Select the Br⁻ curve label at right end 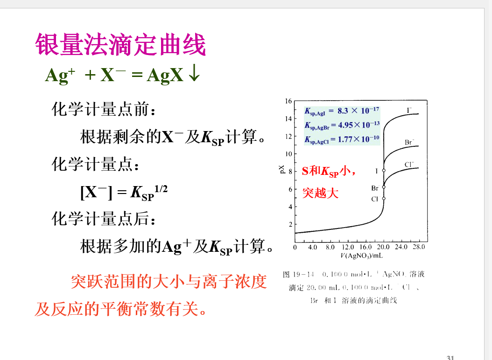[409, 142]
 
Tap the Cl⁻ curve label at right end [409, 164]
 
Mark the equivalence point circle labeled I [384, 171]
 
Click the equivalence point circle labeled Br [384, 187]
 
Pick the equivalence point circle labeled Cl [384, 198]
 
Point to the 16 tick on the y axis [288, 101]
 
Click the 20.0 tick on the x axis [384, 247]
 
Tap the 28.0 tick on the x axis [419, 247]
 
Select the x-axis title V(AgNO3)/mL [362, 256]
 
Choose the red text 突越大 [320, 193]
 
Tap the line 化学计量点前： [103, 111]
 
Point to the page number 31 [450, 357]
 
